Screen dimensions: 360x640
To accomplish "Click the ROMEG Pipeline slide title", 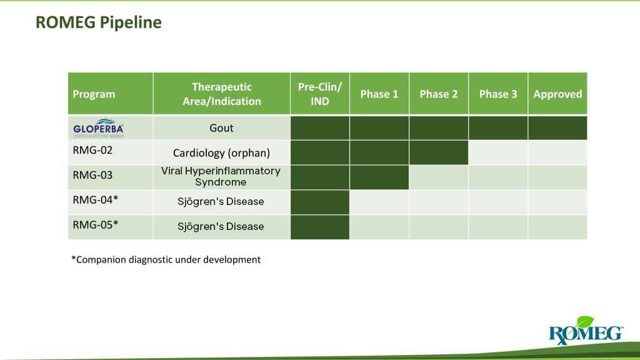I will click(x=98, y=22).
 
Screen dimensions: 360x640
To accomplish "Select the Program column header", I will click(x=94, y=94).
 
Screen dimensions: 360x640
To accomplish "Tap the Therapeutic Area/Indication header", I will click(x=221, y=94).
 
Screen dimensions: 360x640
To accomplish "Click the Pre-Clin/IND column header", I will click(x=319, y=94).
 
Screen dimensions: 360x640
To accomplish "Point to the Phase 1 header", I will click(x=379, y=94).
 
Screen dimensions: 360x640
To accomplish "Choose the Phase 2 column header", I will click(x=438, y=94).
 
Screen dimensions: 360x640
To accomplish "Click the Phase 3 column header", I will click(x=497, y=94).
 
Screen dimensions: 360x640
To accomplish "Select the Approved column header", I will click(x=557, y=94).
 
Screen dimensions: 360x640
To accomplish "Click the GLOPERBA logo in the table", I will click(x=98, y=127).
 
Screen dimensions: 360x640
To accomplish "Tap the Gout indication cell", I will click(x=221, y=128).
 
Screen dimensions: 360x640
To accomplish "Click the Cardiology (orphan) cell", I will click(x=221, y=152).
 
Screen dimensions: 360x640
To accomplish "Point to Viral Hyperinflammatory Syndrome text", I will click(x=221, y=176).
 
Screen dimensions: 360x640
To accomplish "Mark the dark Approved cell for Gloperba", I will click(x=557, y=127).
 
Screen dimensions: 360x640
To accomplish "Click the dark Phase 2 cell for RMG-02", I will click(x=438, y=152).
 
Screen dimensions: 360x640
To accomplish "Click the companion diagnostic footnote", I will click(x=166, y=259).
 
